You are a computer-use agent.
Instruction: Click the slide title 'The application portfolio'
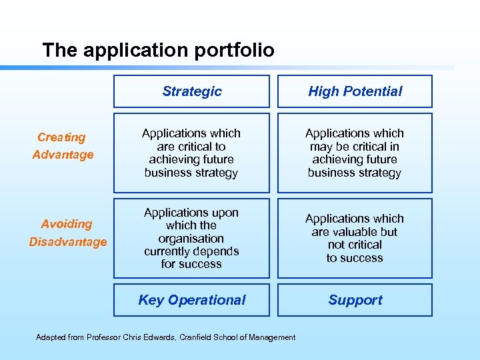coord(158,50)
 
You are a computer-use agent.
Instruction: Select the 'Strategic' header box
coord(191,91)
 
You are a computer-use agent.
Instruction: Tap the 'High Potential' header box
coord(355,91)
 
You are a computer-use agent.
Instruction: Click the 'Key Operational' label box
coord(191,300)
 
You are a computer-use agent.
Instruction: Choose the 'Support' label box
coord(355,300)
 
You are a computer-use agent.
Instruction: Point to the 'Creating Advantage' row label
coord(62,146)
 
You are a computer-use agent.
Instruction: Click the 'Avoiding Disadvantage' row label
coord(67,233)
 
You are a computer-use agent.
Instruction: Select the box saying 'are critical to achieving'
coord(191,153)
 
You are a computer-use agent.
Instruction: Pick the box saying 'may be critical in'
coord(355,153)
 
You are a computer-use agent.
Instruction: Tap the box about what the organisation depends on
coord(191,238)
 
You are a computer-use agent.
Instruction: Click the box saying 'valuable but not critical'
coord(355,238)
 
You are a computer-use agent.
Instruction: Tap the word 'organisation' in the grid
coord(191,238)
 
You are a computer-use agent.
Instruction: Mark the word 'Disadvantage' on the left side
coord(67,241)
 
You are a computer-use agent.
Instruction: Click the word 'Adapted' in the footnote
coord(50,337)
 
